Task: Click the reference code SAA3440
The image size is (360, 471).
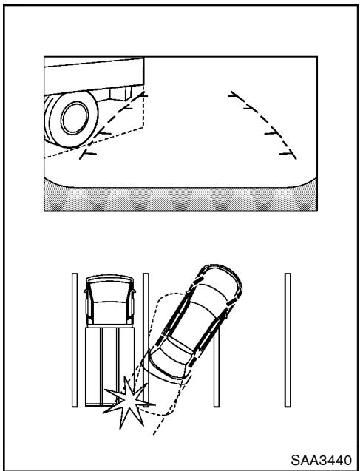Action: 321,460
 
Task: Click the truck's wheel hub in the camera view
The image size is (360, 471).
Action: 75,118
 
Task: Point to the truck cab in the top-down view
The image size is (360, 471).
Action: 109,299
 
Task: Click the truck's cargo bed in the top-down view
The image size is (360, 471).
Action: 110,367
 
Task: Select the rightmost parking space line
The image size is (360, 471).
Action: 288,340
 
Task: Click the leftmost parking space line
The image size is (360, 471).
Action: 75,340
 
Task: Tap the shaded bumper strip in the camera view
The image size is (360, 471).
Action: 180,197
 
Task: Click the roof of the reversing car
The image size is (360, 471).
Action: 192,319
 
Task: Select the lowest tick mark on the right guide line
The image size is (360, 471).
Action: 287,154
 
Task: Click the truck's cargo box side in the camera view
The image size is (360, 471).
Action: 94,75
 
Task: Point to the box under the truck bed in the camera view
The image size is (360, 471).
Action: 120,93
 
